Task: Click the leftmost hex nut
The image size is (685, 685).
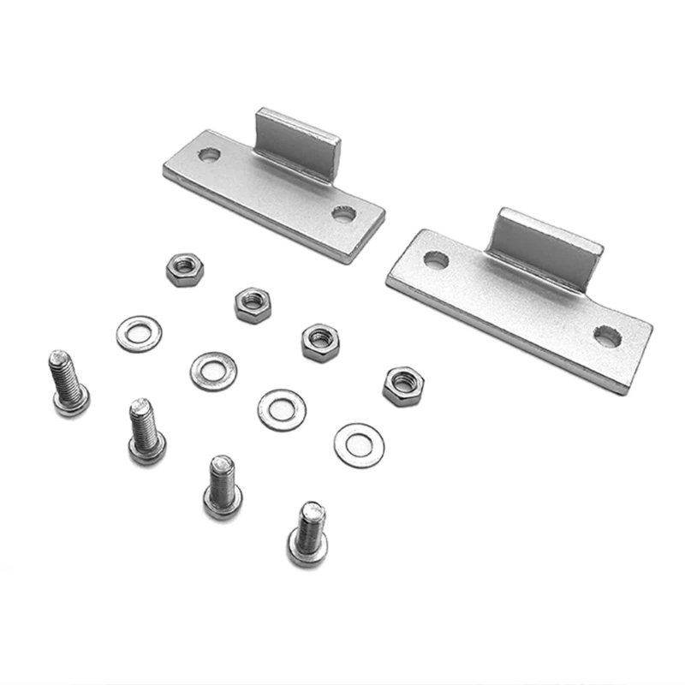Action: (185, 270)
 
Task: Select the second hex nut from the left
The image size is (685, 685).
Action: (253, 304)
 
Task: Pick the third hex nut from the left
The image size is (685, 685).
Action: (319, 342)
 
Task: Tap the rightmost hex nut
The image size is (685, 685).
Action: (403, 385)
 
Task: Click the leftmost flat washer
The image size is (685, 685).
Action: (139, 334)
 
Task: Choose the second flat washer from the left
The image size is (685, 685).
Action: (213, 371)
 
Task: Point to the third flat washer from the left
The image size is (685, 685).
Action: (282, 409)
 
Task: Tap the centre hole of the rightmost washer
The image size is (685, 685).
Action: (359, 444)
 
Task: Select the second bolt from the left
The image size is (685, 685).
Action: (146, 431)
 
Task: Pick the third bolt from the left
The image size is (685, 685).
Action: (223, 486)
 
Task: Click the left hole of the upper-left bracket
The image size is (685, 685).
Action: (209, 155)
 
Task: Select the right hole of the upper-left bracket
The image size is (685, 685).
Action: (344, 214)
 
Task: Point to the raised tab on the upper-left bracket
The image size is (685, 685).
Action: (297, 141)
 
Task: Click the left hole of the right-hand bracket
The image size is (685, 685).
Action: (436, 259)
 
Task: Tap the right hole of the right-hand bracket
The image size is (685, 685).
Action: (607, 337)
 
